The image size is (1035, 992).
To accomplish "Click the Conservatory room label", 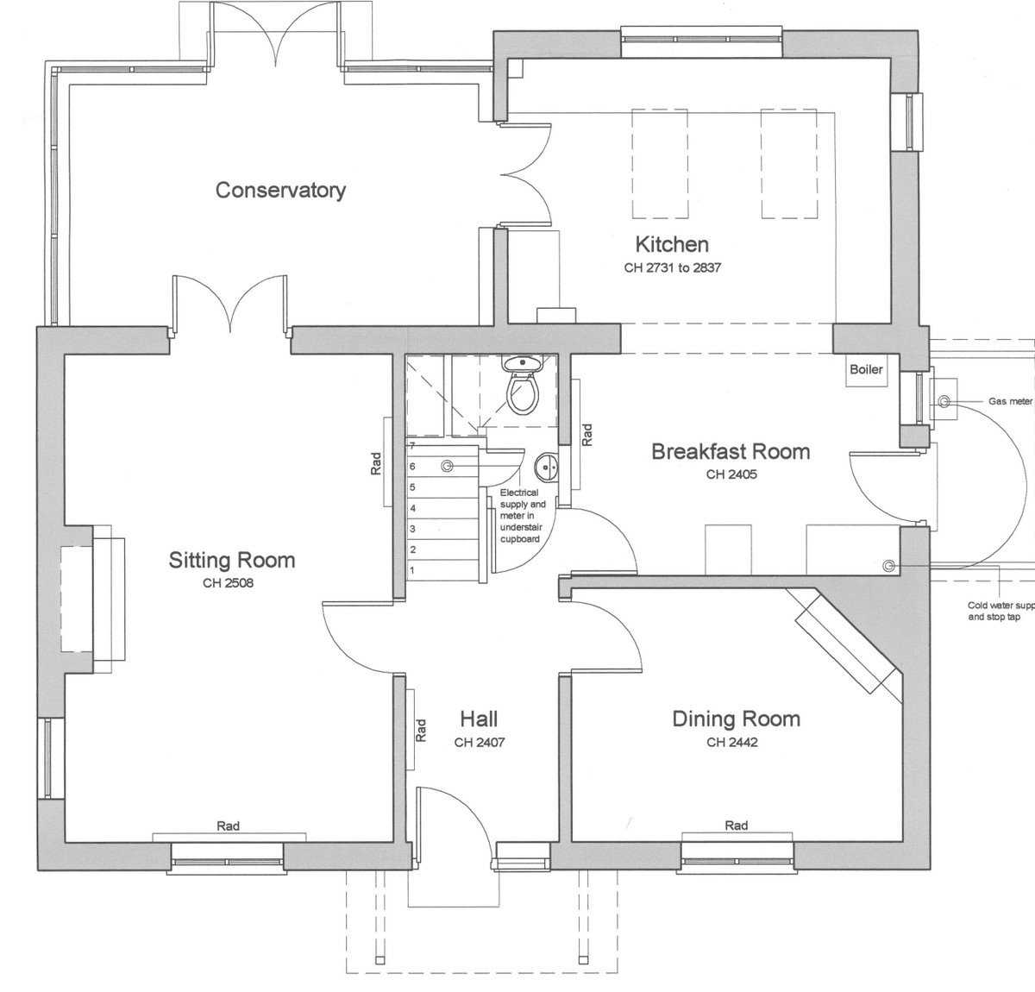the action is pos(280,190).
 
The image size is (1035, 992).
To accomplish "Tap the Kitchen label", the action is pos(672,244).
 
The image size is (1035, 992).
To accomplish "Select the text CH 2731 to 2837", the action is pos(672,267).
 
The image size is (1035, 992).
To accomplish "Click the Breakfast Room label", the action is pos(731,451).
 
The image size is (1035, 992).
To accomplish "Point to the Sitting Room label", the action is pos(231,561).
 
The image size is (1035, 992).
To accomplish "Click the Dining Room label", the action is pos(736,719).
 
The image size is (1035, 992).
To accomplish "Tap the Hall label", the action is pos(479,719).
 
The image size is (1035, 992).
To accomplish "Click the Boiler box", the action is pos(866,369).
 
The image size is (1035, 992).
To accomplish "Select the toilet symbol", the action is pos(522,388).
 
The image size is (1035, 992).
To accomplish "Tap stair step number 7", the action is pos(412,446).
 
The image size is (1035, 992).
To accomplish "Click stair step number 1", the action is pos(412,570).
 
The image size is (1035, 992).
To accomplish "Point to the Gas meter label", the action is pos(1010,401).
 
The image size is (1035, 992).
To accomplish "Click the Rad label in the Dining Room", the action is pos(736,826).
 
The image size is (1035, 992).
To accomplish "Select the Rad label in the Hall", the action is pos(421,731).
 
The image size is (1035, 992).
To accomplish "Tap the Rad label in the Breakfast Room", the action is pos(587,434).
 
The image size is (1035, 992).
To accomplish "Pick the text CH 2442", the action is pos(732,742).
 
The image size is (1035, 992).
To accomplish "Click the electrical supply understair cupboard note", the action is pos(521,516).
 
